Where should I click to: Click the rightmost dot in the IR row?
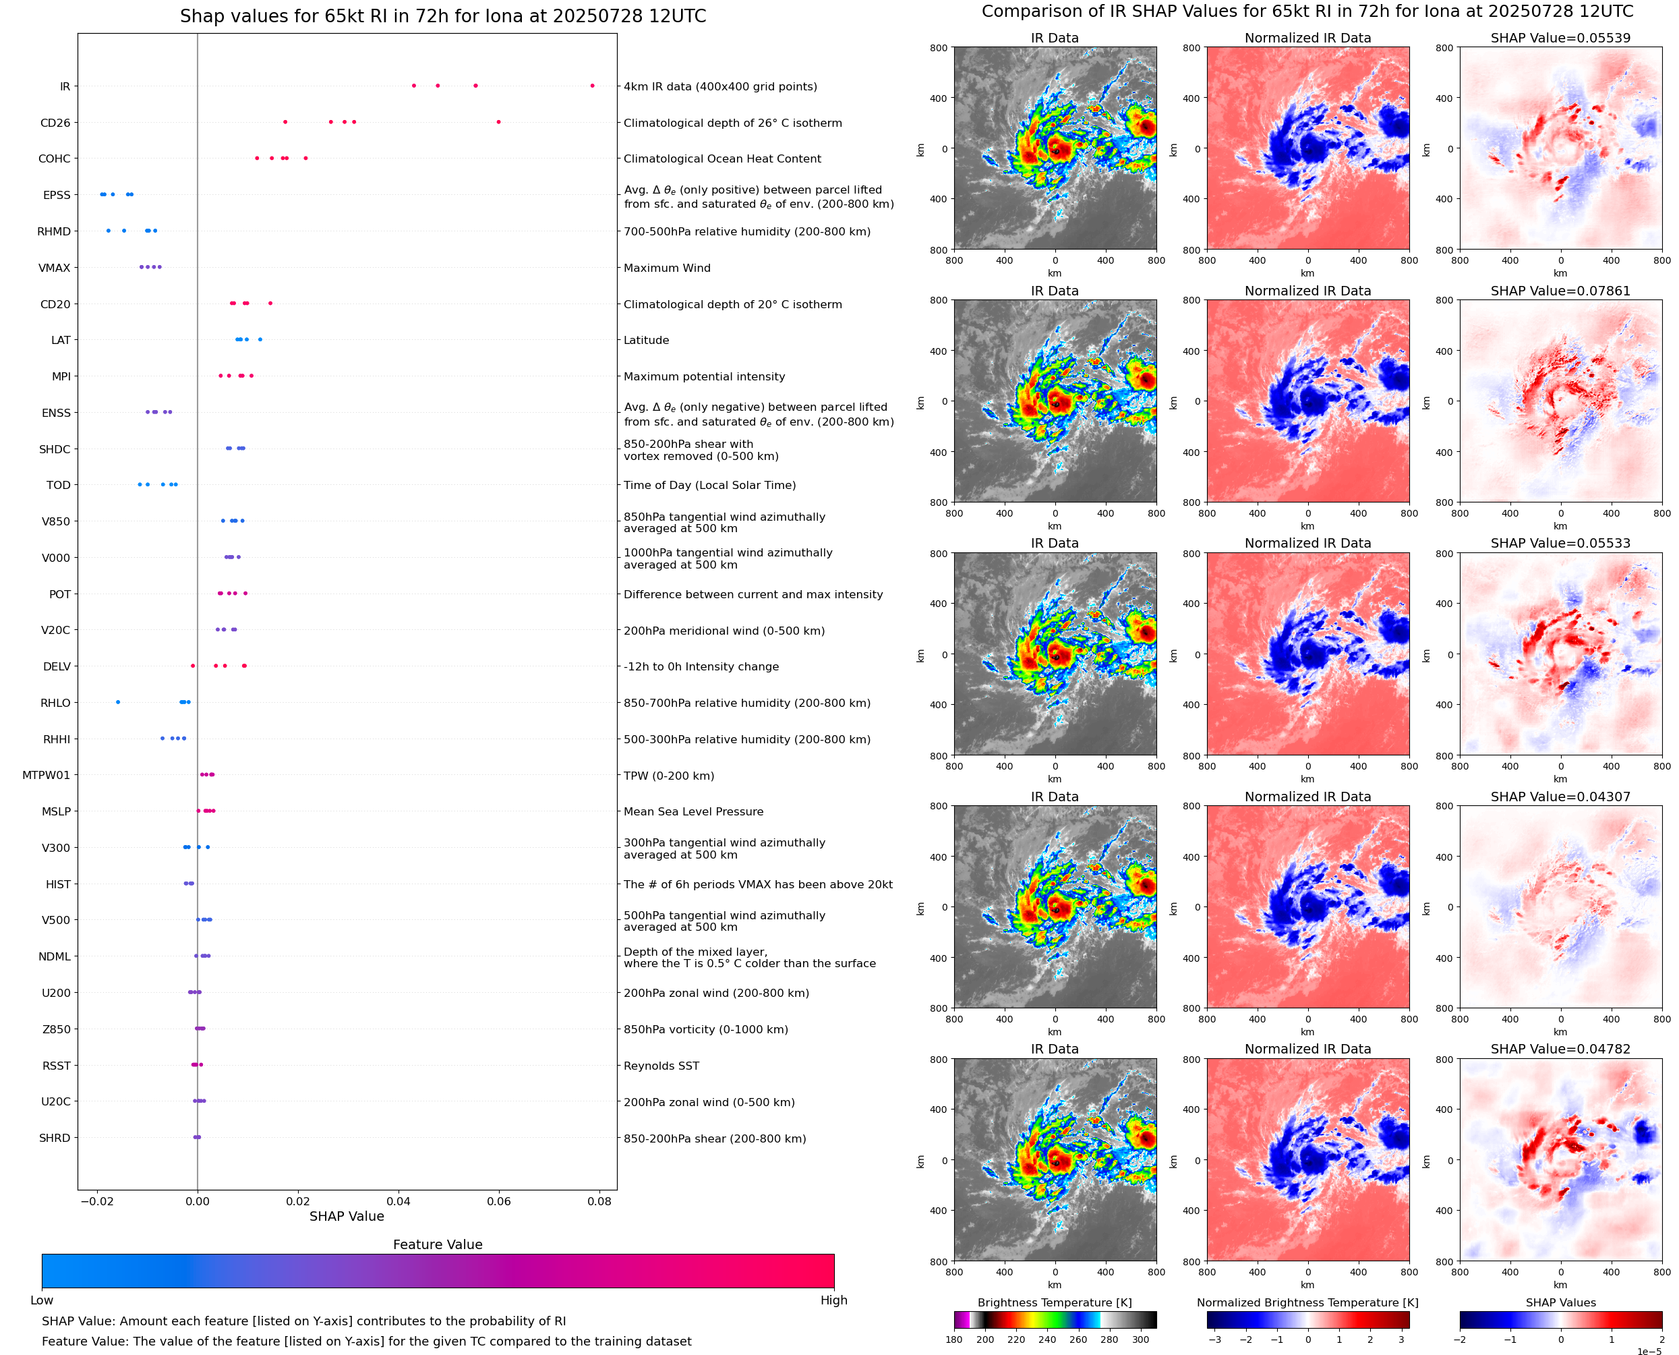(x=592, y=86)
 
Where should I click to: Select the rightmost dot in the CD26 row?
(x=498, y=122)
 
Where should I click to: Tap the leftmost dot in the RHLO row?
(x=118, y=701)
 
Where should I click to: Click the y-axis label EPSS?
(x=56, y=195)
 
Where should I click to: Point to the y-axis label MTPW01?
(x=46, y=775)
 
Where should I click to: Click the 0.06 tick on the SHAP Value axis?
(x=498, y=1201)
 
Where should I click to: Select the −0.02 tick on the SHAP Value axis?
(x=96, y=1201)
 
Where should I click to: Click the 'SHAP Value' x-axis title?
(x=347, y=1216)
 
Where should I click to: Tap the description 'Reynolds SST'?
(x=661, y=1066)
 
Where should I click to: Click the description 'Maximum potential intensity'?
(x=704, y=376)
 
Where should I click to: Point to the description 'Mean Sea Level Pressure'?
(x=693, y=812)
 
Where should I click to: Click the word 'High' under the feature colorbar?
(x=833, y=1300)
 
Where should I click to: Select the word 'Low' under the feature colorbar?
(x=42, y=1300)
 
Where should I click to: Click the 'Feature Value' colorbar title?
(x=438, y=1244)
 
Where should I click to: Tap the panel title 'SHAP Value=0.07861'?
(x=1560, y=291)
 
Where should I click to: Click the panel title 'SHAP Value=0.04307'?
(x=1560, y=797)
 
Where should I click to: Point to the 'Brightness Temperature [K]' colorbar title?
(x=1054, y=1302)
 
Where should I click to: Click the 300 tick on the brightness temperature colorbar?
(x=1141, y=1339)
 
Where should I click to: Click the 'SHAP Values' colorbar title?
(x=1560, y=1302)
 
